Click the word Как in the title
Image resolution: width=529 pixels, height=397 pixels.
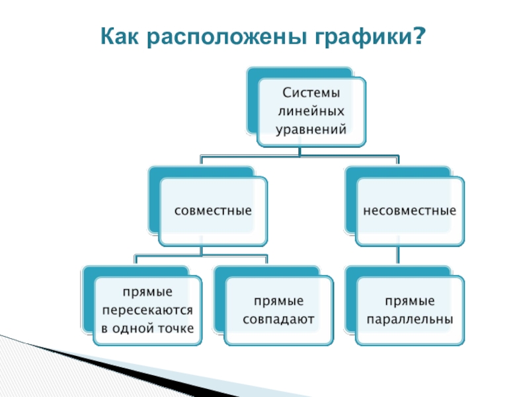click(x=120, y=38)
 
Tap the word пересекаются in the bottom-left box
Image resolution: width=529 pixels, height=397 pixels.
click(x=147, y=310)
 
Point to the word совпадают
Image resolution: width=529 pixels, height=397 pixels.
click(x=278, y=319)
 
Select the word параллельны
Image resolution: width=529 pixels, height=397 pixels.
click(x=409, y=319)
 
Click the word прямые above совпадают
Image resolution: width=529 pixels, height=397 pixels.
click(x=278, y=300)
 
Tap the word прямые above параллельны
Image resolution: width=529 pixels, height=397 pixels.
click(x=409, y=300)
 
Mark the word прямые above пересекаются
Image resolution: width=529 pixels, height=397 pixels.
click(x=147, y=292)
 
